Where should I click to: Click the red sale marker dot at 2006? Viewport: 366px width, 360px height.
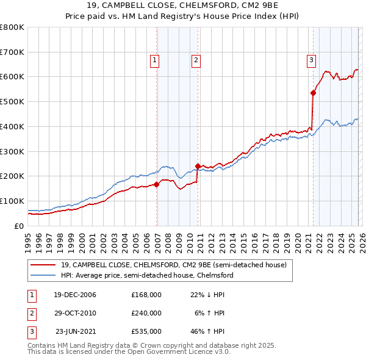pos(157,184)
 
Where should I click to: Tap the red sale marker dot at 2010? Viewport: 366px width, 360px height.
pos(198,165)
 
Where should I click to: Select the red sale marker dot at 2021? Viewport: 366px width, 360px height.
pos(313,93)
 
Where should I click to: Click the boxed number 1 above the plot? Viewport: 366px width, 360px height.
pos(155,60)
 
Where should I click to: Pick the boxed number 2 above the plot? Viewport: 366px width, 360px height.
pos(196,60)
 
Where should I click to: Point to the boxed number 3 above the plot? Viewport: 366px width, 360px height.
pos(311,60)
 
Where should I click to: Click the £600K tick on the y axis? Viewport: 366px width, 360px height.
pos(12,77)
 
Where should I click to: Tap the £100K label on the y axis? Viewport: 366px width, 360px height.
pos(12,201)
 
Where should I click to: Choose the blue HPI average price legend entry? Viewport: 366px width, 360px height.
pos(146,276)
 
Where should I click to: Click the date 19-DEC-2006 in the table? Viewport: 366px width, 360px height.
pos(74,295)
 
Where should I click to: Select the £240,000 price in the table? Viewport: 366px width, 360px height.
pos(146,313)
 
